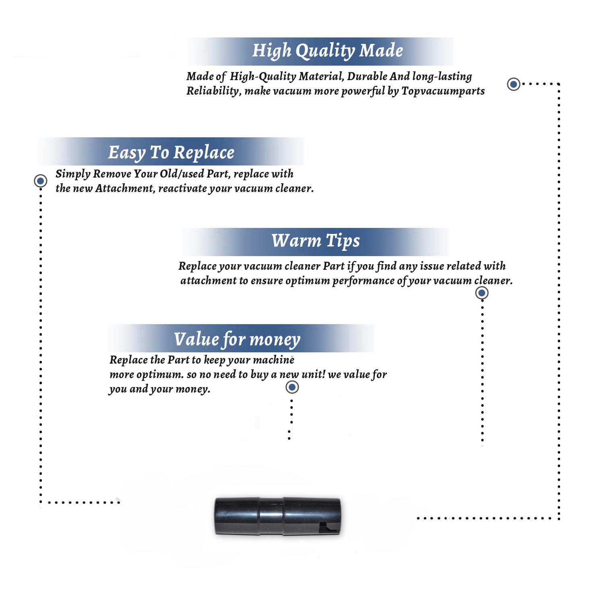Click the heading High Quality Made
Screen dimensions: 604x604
click(327, 51)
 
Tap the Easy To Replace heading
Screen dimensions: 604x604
click(171, 153)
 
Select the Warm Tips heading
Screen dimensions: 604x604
click(315, 241)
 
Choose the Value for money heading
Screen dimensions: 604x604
click(237, 339)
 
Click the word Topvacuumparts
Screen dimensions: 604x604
click(443, 91)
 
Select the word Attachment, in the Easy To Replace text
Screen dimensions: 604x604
click(125, 188)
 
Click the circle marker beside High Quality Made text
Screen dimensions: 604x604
click(513, 84)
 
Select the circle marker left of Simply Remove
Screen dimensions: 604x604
click(40, 181)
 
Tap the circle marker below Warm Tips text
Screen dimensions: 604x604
click(482, 293)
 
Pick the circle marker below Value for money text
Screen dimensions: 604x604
click(292, 387)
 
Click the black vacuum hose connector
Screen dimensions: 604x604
click(277, 516)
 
